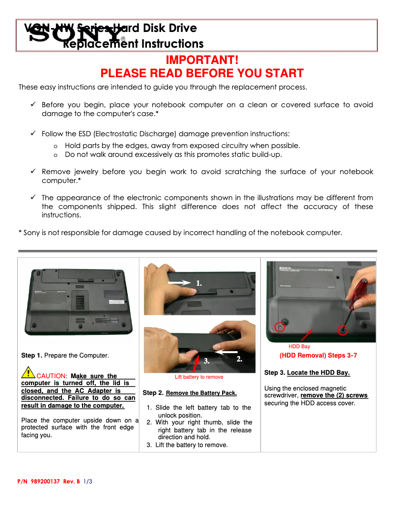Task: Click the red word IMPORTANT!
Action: [x=202, y=60]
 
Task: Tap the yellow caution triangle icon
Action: [x=28, y=373]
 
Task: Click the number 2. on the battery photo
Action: [x=239, y=360]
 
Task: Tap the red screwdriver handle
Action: [x=362, y=287]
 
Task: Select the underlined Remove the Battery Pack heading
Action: [x=201, y=393]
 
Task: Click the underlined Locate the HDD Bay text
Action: [x=318, y=373]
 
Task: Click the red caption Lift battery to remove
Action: [x=199, y=377]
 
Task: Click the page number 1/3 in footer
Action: [x=88, y=481]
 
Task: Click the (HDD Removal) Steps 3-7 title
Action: [x=318, y=355]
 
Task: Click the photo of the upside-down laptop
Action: [x=78, y=301]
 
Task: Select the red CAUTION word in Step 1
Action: [x=51, y=376]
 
